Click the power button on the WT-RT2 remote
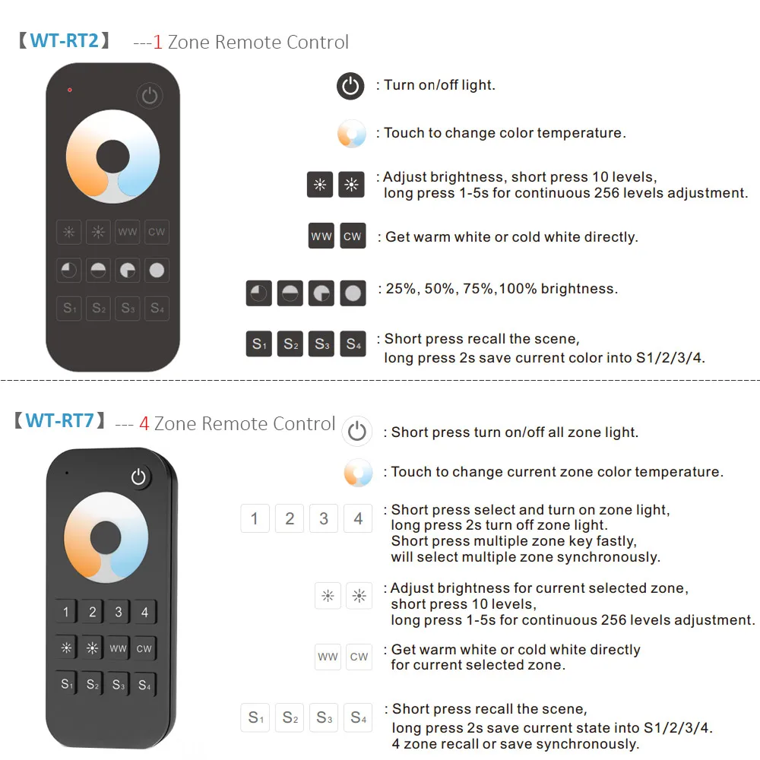(x=150, y=96)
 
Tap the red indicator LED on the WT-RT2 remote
(x=69, y=90)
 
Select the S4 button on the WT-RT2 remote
(x=157, y=308)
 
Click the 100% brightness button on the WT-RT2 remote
(x=157, y=270)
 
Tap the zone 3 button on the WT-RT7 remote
(x=118, y=612)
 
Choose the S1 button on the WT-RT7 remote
(x=67, y=684)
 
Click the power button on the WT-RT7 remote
(x=138, y=477)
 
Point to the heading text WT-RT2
(x=65, y=40)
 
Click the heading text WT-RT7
(x=60, y=420)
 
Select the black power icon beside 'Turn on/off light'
(x=350, y=86)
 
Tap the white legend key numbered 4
(x=358, y=519)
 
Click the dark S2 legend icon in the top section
(x=290, y=344)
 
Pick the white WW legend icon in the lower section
(x=328, y=657)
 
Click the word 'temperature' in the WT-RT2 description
(x=580, y=133)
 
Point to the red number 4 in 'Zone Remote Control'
(x=144, y=423)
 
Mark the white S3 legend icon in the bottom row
(x=325, y=717)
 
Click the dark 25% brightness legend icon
(x=259, y=293)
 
